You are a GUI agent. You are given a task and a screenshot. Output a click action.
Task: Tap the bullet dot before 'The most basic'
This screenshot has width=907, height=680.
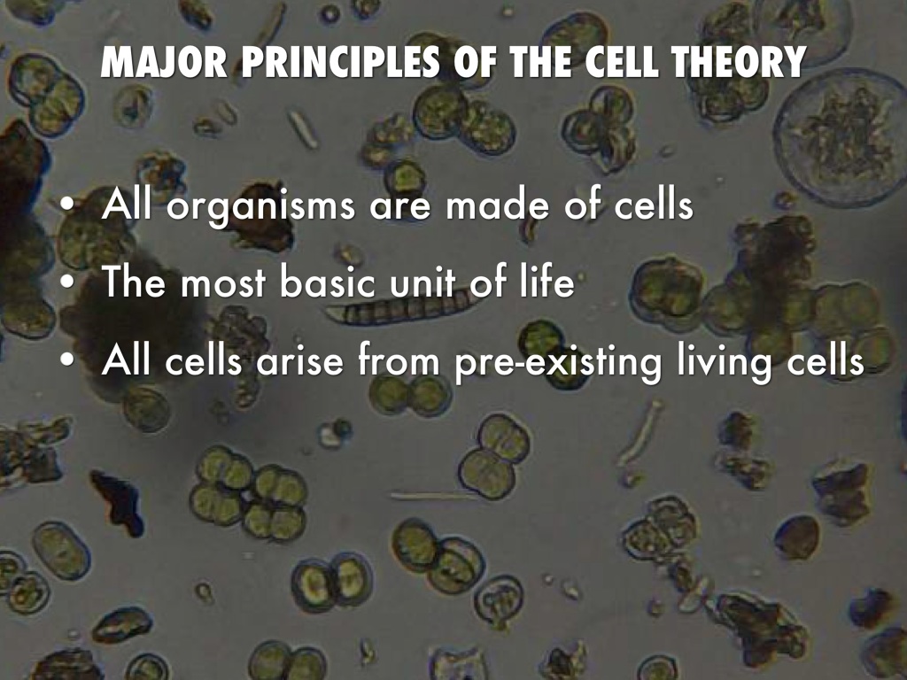[x=68, y=282]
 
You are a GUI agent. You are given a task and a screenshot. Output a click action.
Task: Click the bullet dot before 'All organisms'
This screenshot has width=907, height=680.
[x=68, y=205]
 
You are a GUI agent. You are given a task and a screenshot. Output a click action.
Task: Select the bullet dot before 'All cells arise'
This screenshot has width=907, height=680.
[x=68, y=359]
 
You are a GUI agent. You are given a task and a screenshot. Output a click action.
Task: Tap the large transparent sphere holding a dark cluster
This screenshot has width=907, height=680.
[x=842, y=136]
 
